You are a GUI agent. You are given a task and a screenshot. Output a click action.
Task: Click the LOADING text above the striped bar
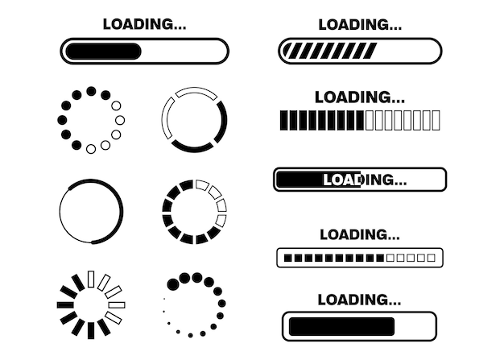tap(360, 24)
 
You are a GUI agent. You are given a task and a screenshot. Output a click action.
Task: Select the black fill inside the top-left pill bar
tap(103, 52)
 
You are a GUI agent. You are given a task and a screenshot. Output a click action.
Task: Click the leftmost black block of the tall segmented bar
tap(283, 122)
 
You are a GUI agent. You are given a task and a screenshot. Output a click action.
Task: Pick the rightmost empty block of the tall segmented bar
tap(436, 122)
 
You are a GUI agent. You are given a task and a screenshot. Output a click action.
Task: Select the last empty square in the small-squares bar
tap(432, 259)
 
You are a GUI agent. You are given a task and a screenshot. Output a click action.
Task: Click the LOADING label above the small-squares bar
tap(360, 234)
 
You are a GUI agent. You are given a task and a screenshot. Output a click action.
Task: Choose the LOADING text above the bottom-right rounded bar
tap(359, 300)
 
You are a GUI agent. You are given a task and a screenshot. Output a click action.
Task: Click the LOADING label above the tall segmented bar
tap(360, 97)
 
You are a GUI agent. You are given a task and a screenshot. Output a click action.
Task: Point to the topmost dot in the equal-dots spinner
tap(91, 91)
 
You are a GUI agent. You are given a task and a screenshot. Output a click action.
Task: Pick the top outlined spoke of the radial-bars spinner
tap(91, 278)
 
